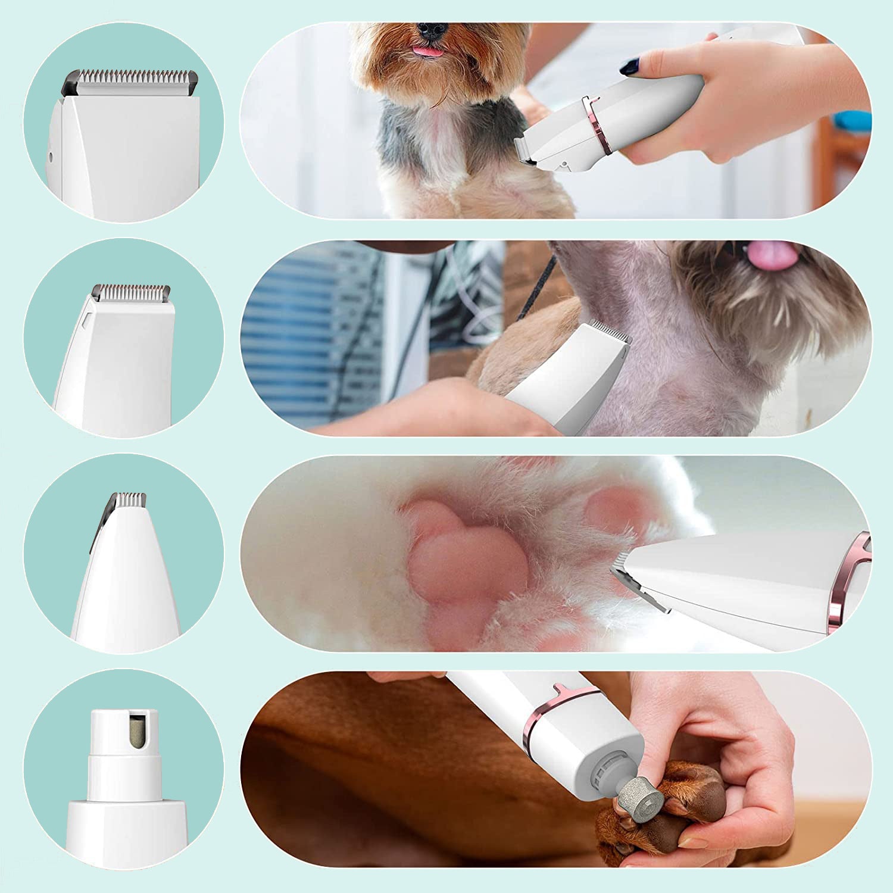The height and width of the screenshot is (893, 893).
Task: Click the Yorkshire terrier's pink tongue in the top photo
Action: coord(430,51)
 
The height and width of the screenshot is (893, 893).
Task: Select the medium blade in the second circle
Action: coord(132,292)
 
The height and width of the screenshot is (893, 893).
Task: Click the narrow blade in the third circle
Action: coord(129,500)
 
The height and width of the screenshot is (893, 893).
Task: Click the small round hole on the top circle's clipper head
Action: coord(51,157)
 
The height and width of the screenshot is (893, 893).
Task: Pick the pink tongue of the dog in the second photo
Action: coord(773,255)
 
